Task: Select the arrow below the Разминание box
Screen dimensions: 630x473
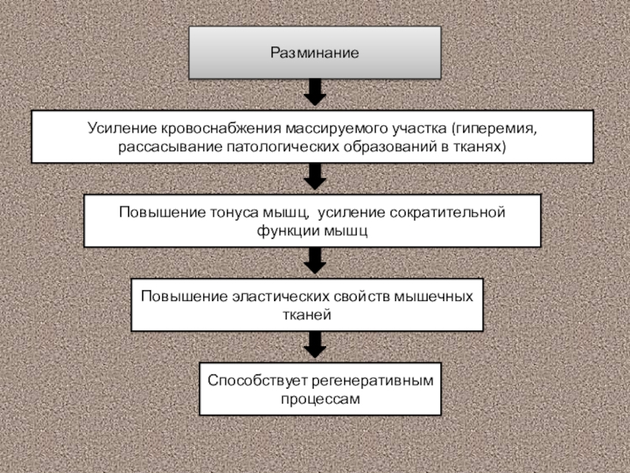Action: [x=314, y=93]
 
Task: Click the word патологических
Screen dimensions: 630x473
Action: [x=273, y=147]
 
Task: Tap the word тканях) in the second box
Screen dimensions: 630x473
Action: [x=479, y=147]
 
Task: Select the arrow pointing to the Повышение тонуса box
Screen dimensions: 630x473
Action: [x=314, y=177]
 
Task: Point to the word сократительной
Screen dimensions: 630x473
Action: [x=453, y=212]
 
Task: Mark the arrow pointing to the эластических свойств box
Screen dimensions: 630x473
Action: [x=314, y=260]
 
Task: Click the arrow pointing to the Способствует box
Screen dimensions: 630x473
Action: [x=314, y=344]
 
